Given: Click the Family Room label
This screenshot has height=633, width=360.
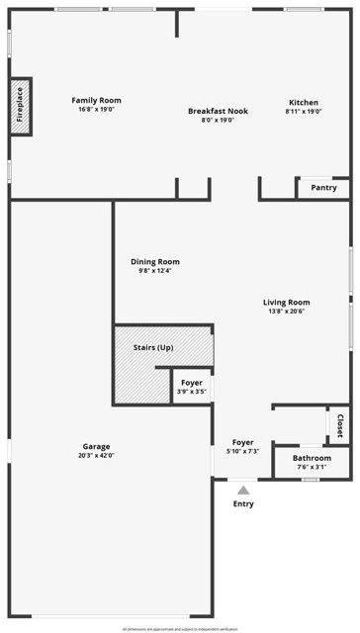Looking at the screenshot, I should click(96, 100).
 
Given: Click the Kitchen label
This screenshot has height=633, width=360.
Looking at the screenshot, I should click(304, 103).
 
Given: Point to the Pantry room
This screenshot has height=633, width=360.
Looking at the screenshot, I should click(323, 188).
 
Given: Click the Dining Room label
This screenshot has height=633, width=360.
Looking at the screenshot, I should click(155, 262).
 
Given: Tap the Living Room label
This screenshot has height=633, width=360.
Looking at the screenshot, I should click(286, 303).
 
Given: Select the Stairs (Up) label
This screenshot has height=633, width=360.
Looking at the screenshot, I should click(153, 348).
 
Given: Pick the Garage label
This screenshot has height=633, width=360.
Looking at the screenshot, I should click(96, 447).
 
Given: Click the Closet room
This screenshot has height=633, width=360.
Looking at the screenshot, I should click(339, 425).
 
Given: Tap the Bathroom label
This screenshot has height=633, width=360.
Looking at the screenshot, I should click(312, 458).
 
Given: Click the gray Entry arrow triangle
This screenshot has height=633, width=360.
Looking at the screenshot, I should click(243, 489).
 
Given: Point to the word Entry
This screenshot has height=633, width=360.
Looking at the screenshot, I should click(243, 504).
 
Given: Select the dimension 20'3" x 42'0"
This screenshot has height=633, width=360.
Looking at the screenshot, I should click(96, 456).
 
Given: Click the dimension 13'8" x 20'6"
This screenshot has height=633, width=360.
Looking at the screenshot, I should click(286, 312).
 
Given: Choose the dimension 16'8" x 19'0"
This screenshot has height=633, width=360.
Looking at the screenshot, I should click(96, 109).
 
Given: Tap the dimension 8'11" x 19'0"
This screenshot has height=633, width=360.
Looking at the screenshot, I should click(304, 112).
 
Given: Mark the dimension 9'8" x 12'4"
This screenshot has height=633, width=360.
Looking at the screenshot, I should click(155, 271).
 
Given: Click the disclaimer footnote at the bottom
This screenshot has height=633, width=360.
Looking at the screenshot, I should click(180, 628).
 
